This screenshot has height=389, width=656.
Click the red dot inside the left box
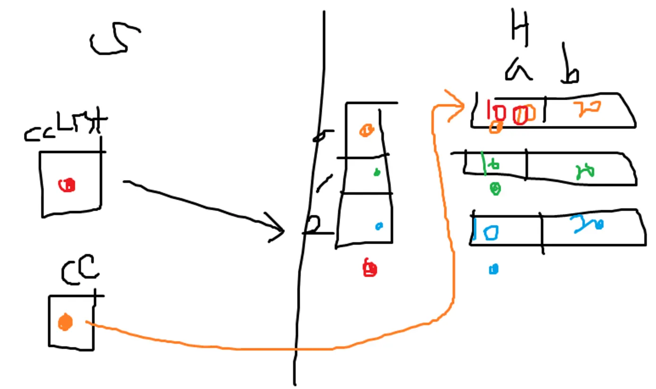pyautogui.click(x=67, y=185)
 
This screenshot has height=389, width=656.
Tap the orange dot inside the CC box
pyautogui.click(x=65, y=322)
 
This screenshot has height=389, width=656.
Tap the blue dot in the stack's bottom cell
pyautogui.click(x=379, y=227)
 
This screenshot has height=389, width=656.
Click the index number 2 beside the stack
pyautogui.click(x=312, y=225)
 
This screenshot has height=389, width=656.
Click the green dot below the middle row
pyautogui.click(x=495, y=189)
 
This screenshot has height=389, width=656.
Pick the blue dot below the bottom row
pyautogui.click(x=493, y=269)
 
